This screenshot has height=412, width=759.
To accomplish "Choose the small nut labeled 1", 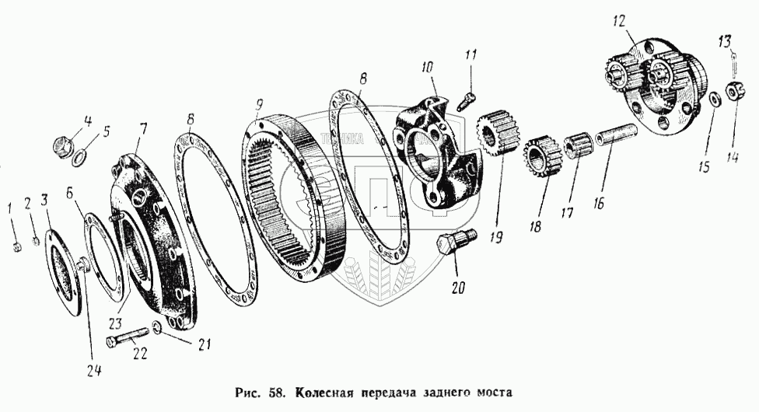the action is (16, 248).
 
